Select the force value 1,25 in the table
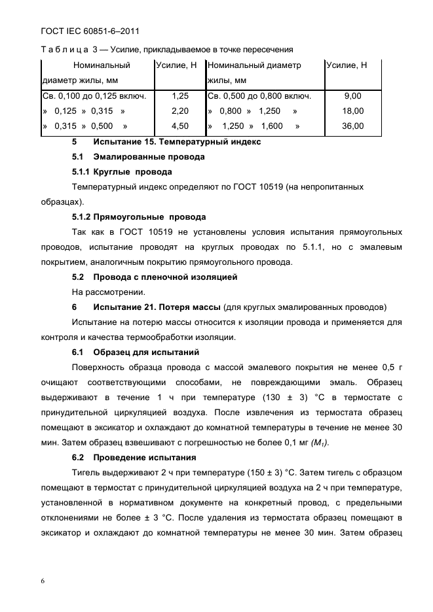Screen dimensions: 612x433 pos(179,95)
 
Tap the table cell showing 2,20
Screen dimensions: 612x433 pos(179,111)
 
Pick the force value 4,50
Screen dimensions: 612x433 pos(179,126)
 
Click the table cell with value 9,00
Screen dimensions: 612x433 pos(352,95)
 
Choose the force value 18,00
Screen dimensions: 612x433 pos(352,111)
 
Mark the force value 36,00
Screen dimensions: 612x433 pos(352,126)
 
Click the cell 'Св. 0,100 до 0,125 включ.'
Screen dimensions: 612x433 pos(94,95)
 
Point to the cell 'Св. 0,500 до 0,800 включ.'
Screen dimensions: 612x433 pos(259,95)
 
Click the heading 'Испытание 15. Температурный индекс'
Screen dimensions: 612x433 pos(177,141)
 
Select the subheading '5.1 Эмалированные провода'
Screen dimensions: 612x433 pos(138,157)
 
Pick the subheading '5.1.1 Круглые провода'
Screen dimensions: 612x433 pos(122,172)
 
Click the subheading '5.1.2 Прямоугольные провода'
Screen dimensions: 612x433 pos(139,217)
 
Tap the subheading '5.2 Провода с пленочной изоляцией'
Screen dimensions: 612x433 pos(155,277)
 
